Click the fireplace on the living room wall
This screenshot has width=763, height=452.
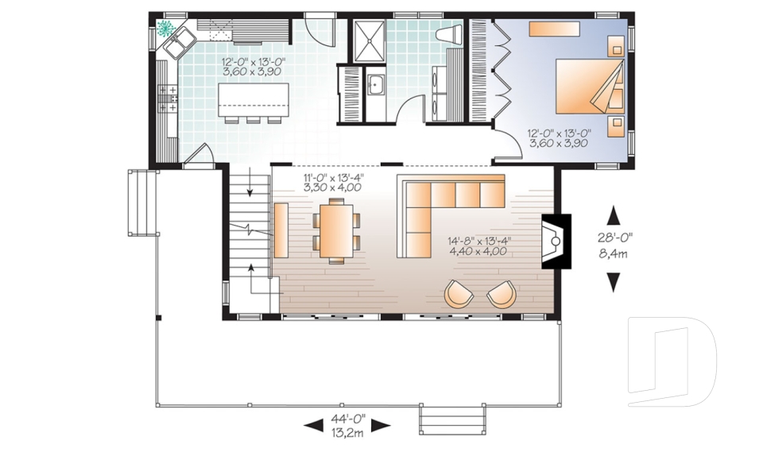556,241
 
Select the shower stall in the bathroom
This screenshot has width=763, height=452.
368,41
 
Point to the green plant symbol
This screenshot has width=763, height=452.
166,29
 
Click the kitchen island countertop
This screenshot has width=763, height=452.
253,100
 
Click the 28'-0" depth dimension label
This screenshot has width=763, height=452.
614,238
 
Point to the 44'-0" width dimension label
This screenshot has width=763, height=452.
348,419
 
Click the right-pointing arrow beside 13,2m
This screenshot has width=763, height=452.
381,427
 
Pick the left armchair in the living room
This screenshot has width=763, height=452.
459,294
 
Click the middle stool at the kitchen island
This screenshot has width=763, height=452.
253,120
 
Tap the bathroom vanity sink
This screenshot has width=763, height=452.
375,87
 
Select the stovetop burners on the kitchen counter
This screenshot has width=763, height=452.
168,97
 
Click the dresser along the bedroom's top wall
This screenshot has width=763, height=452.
554,29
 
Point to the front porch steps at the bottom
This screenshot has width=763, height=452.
452,419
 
